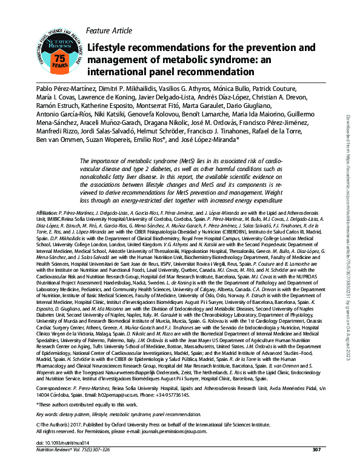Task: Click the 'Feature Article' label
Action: point(111,30)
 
